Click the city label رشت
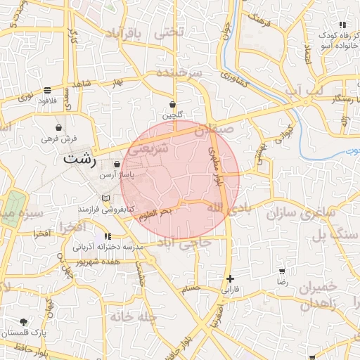79,158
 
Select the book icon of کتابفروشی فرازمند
106,198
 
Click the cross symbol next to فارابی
231,278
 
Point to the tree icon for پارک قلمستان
23,321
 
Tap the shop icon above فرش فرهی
58,129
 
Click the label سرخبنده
179,74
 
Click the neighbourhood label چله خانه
126,317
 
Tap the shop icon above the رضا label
283,271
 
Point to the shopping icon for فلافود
47,90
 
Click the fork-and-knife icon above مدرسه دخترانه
107,236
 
